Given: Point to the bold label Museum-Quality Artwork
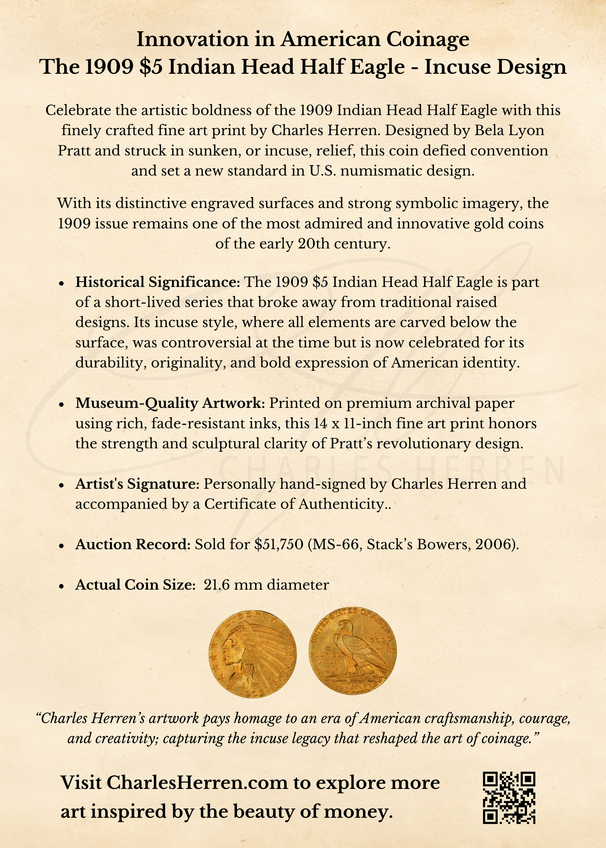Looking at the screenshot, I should (x=170, y=403).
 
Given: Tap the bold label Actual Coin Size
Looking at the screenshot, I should (x=135, y=585).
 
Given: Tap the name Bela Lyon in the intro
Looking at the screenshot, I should (x=509, y=130).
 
